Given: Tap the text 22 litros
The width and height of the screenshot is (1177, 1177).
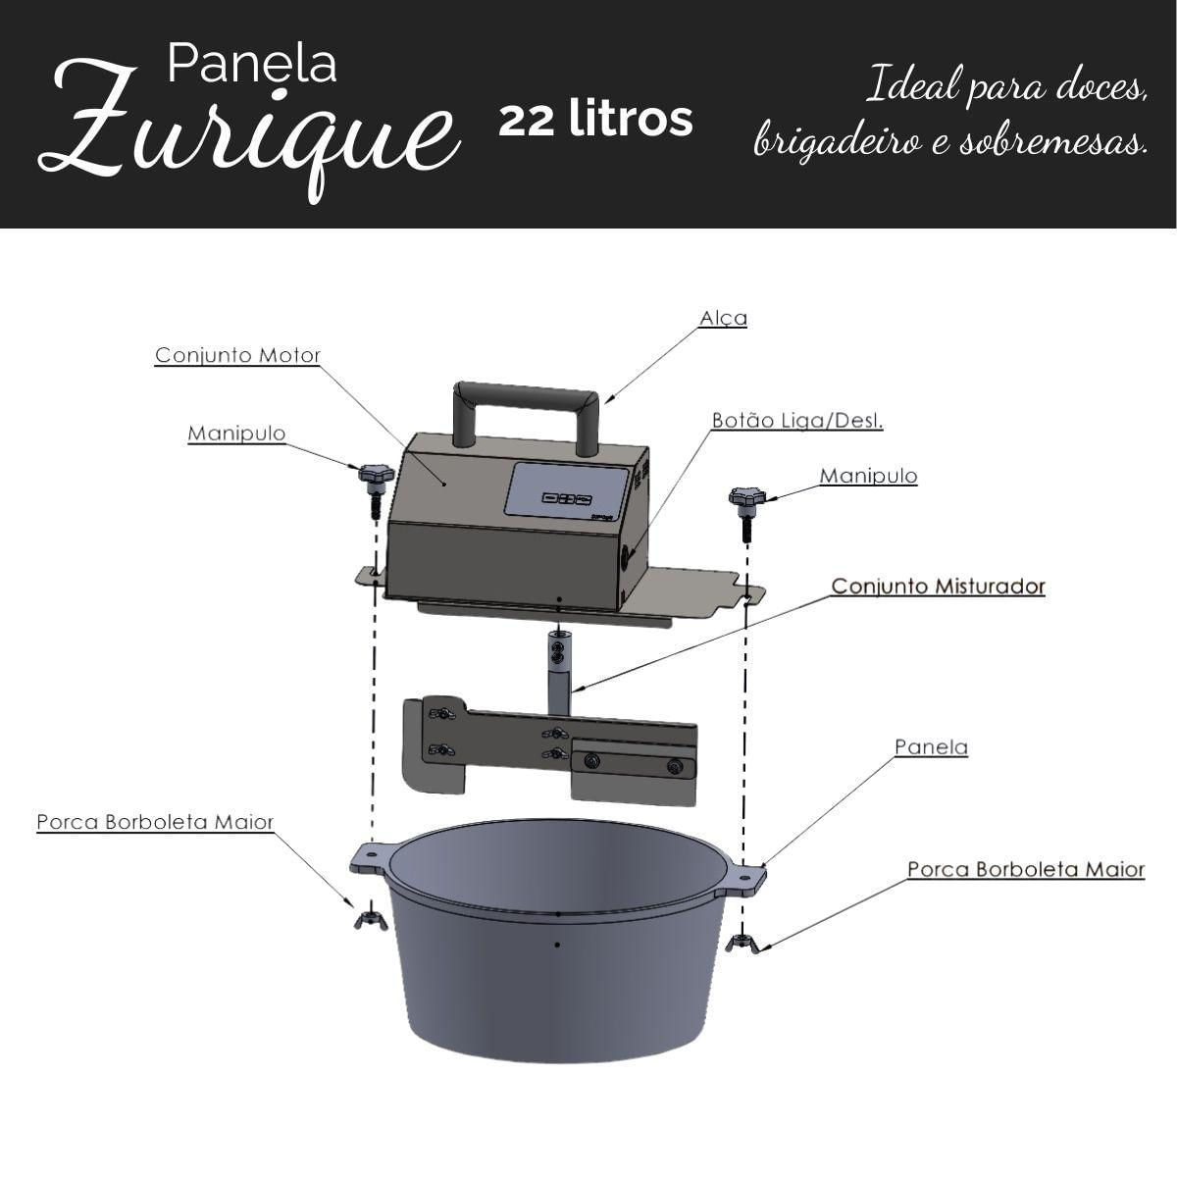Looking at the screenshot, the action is [x=595, y=120].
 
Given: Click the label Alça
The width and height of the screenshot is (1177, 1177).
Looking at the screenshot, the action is [x=723, y=319].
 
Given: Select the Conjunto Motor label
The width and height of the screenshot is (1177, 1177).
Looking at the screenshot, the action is [x=237, y=355].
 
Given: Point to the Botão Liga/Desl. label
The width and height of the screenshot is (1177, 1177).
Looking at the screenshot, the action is [x=797, y=421].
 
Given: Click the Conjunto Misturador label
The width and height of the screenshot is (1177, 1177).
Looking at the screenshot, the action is [x=939, y=587].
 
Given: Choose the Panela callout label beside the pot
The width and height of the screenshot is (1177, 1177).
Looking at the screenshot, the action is [x=932, y=747].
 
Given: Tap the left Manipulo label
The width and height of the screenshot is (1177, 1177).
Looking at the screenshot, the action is [x=236, y=434].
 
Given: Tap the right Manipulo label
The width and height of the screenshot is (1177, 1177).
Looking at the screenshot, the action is [x=869, y=476].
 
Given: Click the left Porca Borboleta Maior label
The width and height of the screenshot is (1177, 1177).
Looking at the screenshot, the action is [x=155, y=822].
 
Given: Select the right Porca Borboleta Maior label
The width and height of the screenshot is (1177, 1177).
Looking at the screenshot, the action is [x=1026, y=870].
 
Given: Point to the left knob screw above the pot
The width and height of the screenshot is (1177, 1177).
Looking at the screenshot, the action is [x=375, y=490].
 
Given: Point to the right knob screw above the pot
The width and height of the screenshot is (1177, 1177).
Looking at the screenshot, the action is [x=745, y=513].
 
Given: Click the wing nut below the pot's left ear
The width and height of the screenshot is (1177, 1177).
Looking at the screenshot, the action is [x=370, y=919].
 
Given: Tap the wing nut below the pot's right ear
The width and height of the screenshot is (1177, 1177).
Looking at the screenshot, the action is [x=742, y=943].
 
